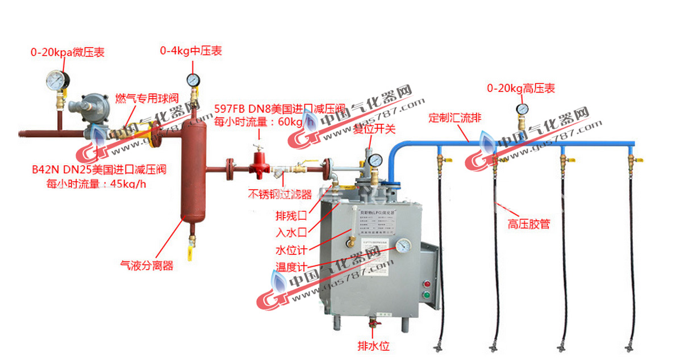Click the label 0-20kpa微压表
pyautogui.click(x=67, y=52)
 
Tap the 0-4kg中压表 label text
pyautogui.click(x=190, y=51)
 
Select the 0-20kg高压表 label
pyautogui.click(x=520, y=89)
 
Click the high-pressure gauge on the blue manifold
pyautogui.click(x=521, y=108)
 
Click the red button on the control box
pyautogui.click(x=427, y=282)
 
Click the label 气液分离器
pyautogui.click(x=147, y=265)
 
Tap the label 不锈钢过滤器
pyautogui.click(x=280, y=194)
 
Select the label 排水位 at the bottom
pyautogui.click(x=373, y=346)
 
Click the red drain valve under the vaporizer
pyautogui.click(x=373, y=324)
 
